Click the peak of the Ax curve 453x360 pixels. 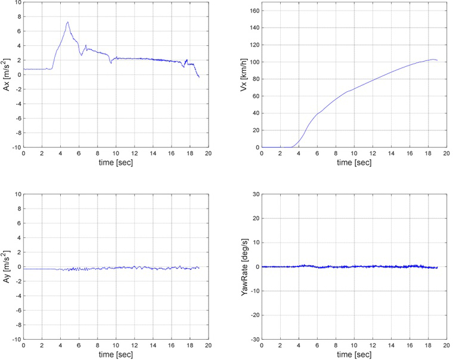point(68,22)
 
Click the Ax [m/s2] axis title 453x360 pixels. point(7,75)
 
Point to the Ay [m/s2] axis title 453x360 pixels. point(7,266)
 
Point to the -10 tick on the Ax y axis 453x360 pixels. point(16,147)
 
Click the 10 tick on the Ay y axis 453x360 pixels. point(17,194)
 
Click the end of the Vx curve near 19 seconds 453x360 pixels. point(438,60)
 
